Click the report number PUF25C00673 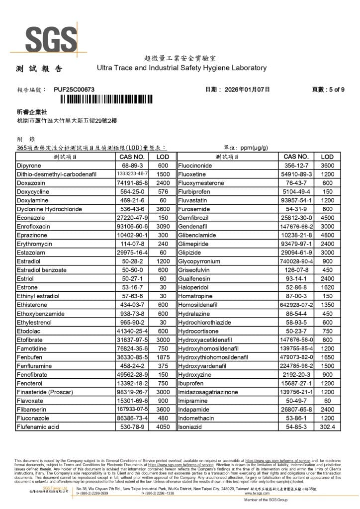pos(74,89)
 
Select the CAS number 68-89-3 pos(132,165)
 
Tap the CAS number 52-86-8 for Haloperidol pos(296,287)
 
